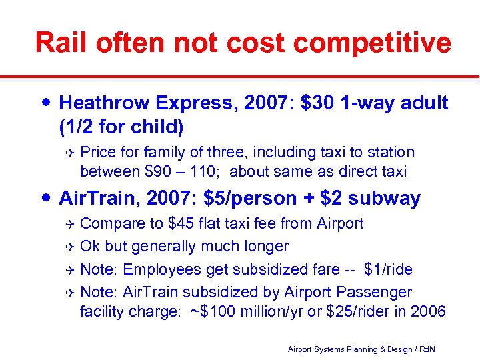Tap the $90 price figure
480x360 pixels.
pyautogui.click(x=158, y=171)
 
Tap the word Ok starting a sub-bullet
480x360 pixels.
pyautogui.click(x=90, y=246)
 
